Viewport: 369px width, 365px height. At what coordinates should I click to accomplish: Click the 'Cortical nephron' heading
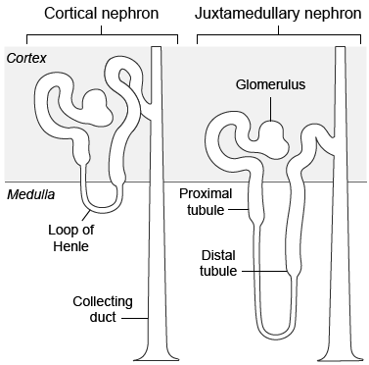[x=95, y=14]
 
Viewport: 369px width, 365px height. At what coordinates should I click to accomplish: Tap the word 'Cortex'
[x=26, y=59]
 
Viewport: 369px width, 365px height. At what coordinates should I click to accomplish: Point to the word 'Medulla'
[x=29, y=194]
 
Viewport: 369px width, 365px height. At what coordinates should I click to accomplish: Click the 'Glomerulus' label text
[x=271, y=85]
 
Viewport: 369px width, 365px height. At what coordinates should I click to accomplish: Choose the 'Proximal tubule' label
[x=205, y=201]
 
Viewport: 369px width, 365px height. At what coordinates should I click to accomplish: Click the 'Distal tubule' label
[x=217, y=263]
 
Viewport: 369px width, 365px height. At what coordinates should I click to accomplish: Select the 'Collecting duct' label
[x=102, y=309]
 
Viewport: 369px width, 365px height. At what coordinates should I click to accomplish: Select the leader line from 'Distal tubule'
[x=263, y=271]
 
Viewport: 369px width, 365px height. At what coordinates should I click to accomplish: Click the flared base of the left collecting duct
[x=155, y=352]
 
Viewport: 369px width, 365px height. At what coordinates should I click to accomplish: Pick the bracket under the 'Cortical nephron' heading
[x=95, y=36]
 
